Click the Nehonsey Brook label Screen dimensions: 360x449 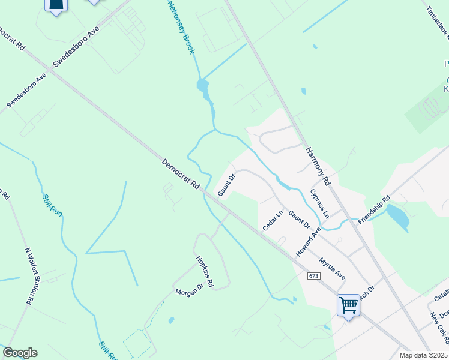[181, 27]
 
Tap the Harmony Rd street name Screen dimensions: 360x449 [318, 166]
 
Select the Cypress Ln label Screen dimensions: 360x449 [319, 203]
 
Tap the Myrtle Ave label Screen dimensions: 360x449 [332, 269]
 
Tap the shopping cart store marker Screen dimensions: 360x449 [348, 305]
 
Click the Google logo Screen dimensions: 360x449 [20, 353]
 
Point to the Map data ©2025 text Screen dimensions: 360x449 [423, 355]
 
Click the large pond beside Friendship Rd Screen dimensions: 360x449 [399, 217]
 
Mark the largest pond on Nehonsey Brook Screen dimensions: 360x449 [203, 89]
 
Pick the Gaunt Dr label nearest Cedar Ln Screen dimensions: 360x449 [298, 220]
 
